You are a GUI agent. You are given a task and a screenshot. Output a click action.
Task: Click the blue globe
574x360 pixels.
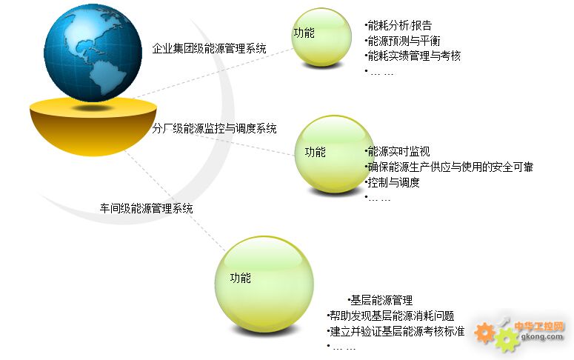[93, 53]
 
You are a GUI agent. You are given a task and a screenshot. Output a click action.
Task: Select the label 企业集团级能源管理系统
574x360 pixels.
[209, 48]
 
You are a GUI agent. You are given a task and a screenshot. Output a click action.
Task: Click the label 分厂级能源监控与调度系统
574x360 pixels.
[214, 128]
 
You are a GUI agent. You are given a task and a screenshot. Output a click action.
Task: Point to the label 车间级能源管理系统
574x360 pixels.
[146, 208]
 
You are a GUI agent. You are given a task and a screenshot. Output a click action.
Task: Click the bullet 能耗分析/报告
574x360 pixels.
[398, 25]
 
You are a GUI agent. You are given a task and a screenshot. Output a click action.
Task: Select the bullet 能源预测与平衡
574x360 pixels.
[402, 41]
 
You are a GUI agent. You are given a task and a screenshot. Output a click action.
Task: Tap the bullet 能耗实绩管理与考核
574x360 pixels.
[413, 56]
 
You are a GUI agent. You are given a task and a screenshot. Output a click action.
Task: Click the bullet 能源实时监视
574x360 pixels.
[397, 151]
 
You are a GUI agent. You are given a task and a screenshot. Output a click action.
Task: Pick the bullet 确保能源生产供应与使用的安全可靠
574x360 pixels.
[449, 167]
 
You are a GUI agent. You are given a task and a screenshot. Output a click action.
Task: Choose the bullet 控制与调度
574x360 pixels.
[392, 182]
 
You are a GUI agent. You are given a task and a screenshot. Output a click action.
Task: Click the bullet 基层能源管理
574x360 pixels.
[381, 300]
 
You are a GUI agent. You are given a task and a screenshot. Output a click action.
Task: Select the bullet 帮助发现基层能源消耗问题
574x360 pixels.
[390, 316]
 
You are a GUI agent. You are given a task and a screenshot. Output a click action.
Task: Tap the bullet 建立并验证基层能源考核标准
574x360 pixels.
[396, 331]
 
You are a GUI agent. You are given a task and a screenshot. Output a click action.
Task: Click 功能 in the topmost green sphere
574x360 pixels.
[304, 33]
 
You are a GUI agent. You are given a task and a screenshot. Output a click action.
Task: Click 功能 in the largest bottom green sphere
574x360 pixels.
[241, 279]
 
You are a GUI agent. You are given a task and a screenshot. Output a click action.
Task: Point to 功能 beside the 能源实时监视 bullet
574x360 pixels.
[316, 152]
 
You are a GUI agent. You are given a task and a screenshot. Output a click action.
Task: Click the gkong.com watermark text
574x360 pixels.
[542, 336]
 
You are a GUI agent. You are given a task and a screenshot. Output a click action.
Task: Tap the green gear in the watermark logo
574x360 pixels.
[507, 340]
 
